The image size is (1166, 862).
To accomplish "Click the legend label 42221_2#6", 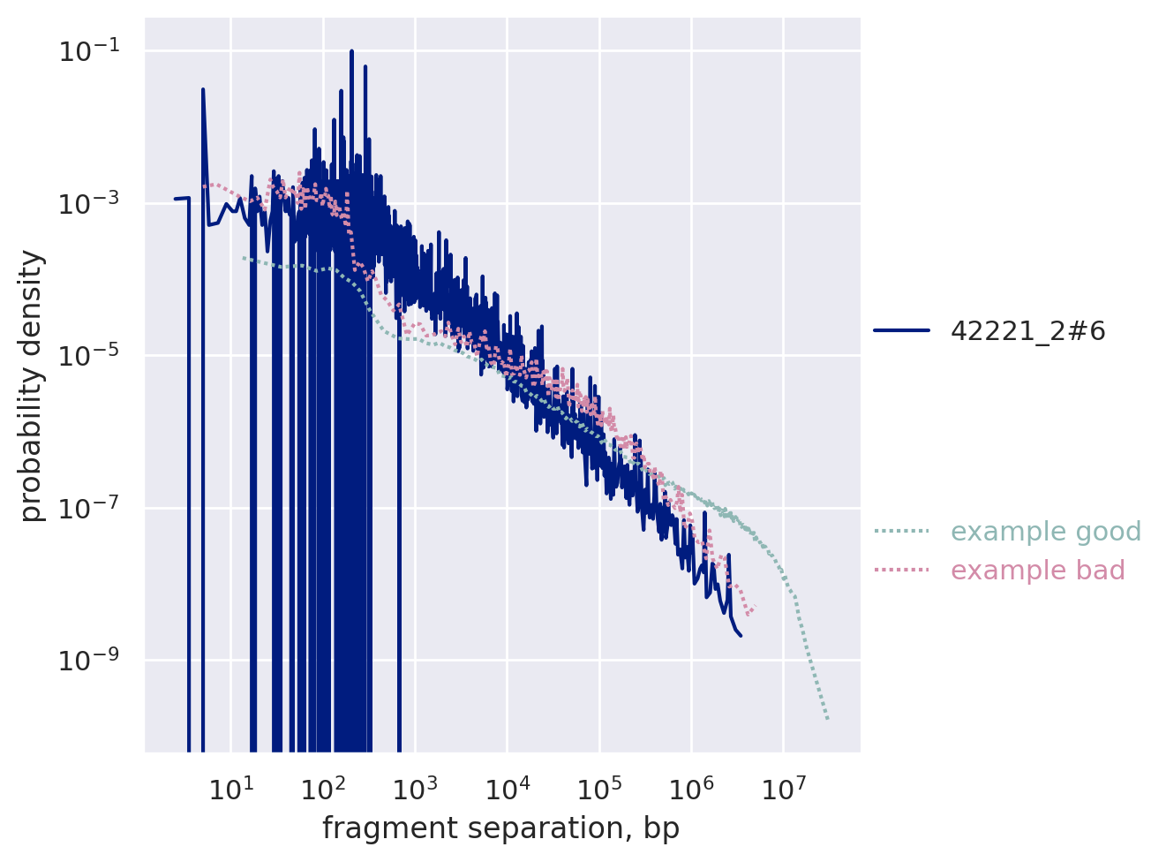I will (x=1027, y=331).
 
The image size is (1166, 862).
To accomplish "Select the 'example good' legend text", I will (x=1046, y=532).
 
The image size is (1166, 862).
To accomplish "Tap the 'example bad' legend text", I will (x=1037, y=571).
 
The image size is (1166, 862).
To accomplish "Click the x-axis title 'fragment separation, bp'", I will (x=500, y=828).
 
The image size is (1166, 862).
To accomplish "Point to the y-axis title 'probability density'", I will (x=32, y=386).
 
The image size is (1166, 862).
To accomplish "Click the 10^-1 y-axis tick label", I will (x=91, y=52).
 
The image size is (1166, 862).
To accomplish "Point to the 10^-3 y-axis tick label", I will (x=91, y=204).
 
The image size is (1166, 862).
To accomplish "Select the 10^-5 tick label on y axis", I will (x=91, y=356).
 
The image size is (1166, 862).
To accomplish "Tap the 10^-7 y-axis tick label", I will (x=91, y=509).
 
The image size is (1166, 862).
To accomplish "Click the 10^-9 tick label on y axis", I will (x=91, y=661).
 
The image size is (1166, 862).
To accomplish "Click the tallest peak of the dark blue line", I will (x=351, y=51).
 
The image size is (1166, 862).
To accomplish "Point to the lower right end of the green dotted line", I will (x=828, y=719).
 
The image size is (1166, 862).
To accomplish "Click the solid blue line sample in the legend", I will (x=901, y=331).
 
